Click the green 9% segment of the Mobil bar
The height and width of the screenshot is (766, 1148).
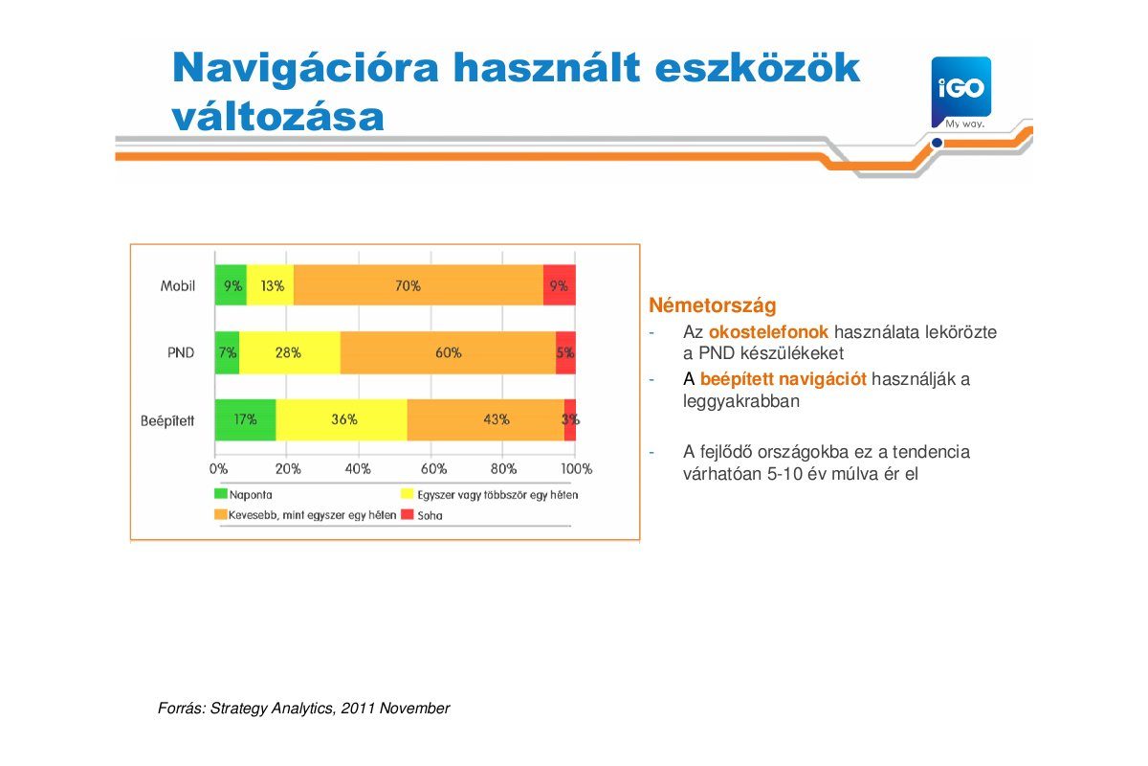click(231, 285)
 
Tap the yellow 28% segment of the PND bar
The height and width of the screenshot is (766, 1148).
click(289, 352)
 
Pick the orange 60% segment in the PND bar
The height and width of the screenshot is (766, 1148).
click(448, 352)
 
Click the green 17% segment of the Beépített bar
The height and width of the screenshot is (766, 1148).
click(245, 419)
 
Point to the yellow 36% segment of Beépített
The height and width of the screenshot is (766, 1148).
click(342, 419)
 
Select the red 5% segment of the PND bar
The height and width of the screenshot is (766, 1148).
click(565, 352)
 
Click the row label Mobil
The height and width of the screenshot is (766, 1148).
click(178, 285)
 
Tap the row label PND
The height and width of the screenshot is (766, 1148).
click(181, 352)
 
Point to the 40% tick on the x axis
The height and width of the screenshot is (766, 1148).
click(358, 469)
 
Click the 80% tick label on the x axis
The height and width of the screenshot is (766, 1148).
click(503, 469)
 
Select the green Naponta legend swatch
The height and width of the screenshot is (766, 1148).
click(220, 495)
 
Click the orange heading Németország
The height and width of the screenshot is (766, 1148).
click(713, 306)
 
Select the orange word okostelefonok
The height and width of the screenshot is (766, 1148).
click(768, 332)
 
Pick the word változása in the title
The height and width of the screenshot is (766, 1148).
click(278, 116)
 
